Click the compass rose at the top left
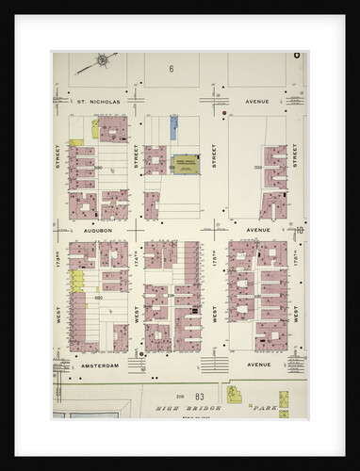[x=102, y=63]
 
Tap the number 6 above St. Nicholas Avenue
[x=172, y=69]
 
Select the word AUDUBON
[x=97, y=229]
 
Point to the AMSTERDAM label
[x=98, y=364]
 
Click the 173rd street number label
[x=58, y=257]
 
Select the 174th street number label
[x=138, y=257]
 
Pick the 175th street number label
[x=216, y=257]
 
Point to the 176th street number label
[x=295, y=257]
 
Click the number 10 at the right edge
[x=300, y=230]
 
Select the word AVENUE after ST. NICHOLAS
[x=257, y=101]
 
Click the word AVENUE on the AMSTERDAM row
[x=257, y=364]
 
